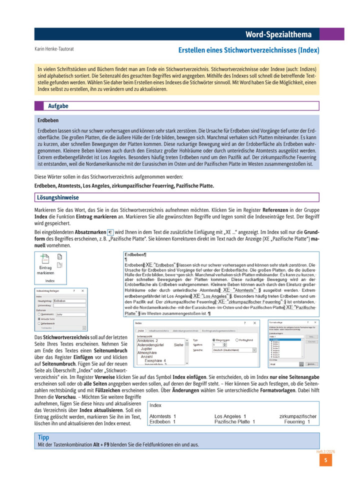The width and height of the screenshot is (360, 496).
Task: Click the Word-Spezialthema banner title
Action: (278, 34)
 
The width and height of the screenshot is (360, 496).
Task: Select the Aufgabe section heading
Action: (58, 106)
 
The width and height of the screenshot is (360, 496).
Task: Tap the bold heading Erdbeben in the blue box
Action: (48, 120)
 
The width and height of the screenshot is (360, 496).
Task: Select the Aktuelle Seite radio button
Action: (38, 318)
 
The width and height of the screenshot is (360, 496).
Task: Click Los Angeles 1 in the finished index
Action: (230, 416)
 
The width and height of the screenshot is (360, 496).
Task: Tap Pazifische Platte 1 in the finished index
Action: (234, 422)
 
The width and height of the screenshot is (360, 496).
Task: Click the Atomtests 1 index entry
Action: (163, 416)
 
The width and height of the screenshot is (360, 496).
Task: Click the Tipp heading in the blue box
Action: (43, 437)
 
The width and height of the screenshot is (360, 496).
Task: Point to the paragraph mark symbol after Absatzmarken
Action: (110, 231)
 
